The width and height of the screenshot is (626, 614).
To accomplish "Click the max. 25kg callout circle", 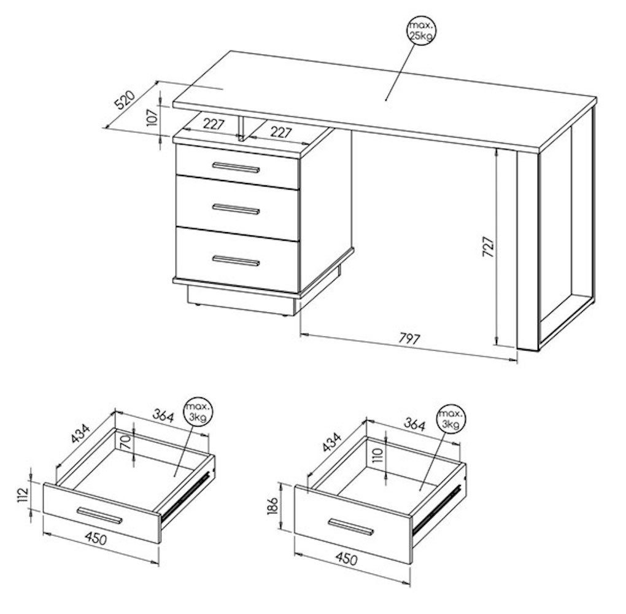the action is pos(421,30).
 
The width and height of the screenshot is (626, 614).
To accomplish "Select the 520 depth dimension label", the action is pos(125,100).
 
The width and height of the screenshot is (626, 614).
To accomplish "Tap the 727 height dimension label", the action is pos(489,246).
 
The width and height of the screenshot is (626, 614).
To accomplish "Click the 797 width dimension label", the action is pos(409,339).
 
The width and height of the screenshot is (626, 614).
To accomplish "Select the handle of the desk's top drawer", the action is pos(236,168).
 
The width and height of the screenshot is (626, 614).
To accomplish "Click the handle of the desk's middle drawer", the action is pos(236,209).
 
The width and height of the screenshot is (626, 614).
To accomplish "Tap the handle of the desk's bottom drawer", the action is pos(236,260).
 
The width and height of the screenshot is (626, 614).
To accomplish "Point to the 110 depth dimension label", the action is pos(377,454).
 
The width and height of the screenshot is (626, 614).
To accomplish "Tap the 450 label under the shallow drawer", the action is pos(96,538).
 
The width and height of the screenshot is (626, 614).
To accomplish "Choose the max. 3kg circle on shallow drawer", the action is pos(198,413).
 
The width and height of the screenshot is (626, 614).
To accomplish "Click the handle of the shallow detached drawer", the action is pos(100,515).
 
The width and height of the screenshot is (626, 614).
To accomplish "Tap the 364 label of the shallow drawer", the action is pos(163,416).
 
